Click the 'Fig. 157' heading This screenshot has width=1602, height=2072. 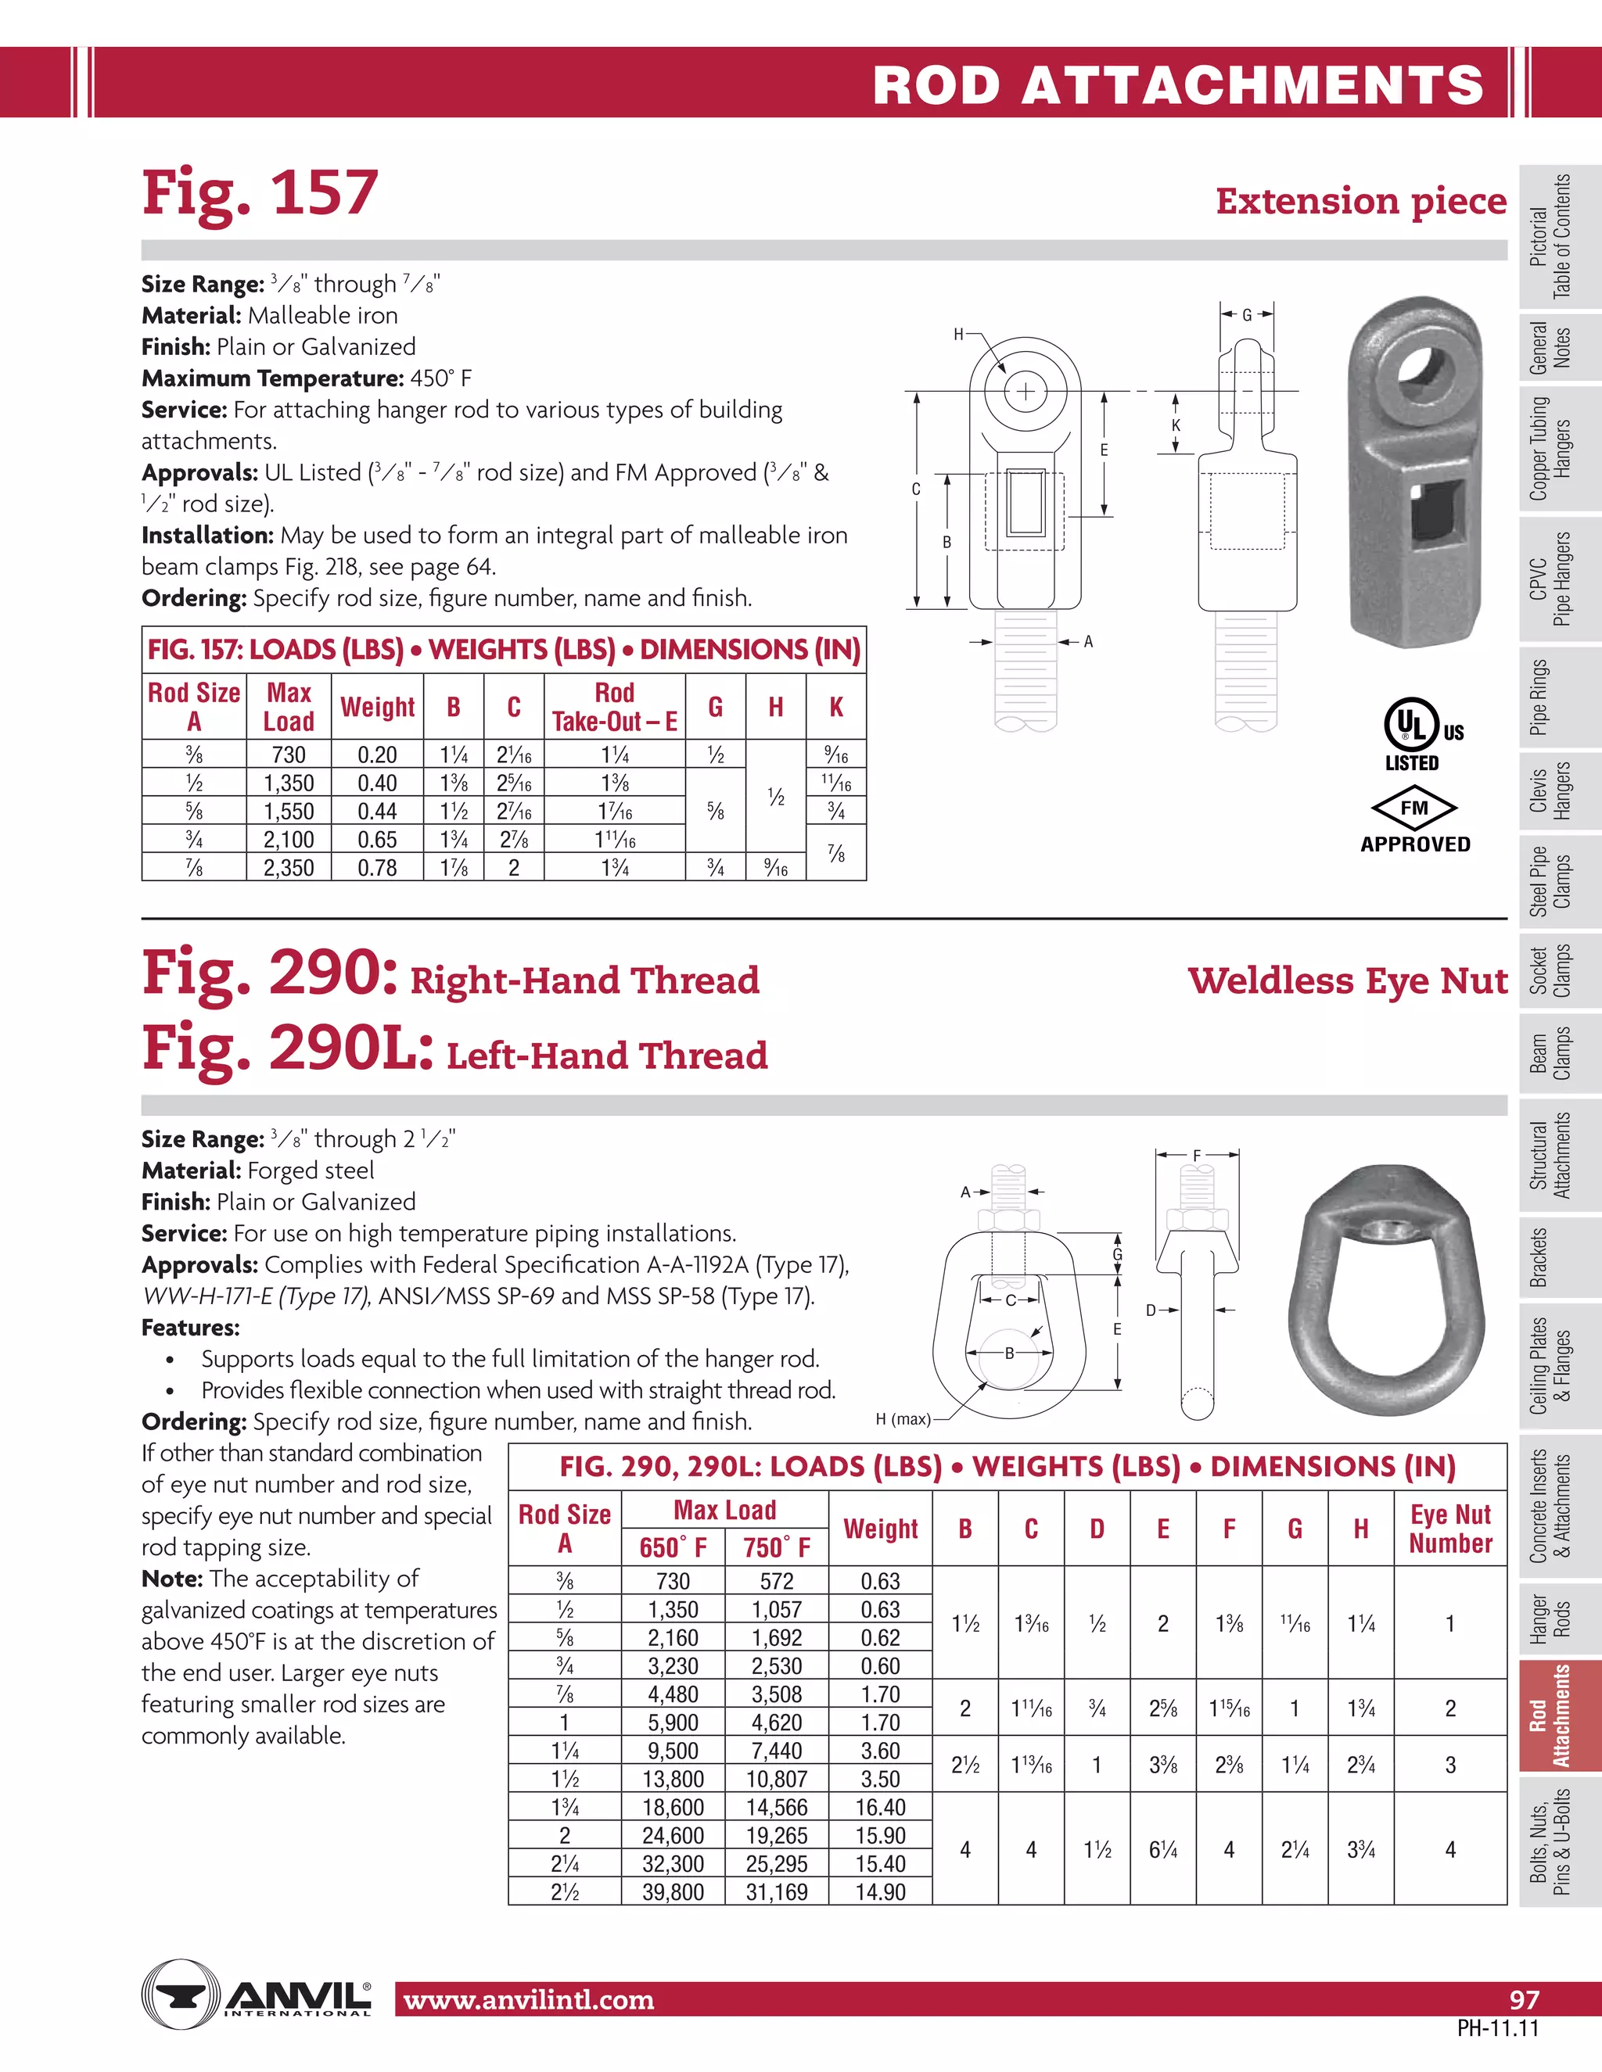pyautogui.click(x=260, y=194)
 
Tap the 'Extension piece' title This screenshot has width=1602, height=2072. pyautogui.click(x=1360, y=201)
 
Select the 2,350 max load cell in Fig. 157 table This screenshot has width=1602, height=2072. pyautogui.click(x=289, y=867)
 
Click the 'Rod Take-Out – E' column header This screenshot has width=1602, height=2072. pyautogui.click(x=614, y=707)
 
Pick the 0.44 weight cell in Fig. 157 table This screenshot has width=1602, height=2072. pyautogui.click(x=377, y=811)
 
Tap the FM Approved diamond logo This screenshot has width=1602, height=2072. pyautogui.click(x=1414, y=808)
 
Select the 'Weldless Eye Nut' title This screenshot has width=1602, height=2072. pyautogui.click(x=1347, y=980)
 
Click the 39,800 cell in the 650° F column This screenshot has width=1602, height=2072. pyautogui.click(x=673, y=1891)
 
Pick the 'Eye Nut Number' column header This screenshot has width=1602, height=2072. pyautogui.click(x=1449, y=1529)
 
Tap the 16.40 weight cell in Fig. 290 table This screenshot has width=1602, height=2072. pyautogui.click(x=880, y=1807)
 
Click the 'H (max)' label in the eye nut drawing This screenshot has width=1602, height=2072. pyautogui.click(x=903, y=1419)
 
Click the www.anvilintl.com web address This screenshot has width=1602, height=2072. pyautogui.click(x=529, y=2000)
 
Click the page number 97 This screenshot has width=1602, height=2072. pyautogui.click(x=1525, y=1999)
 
